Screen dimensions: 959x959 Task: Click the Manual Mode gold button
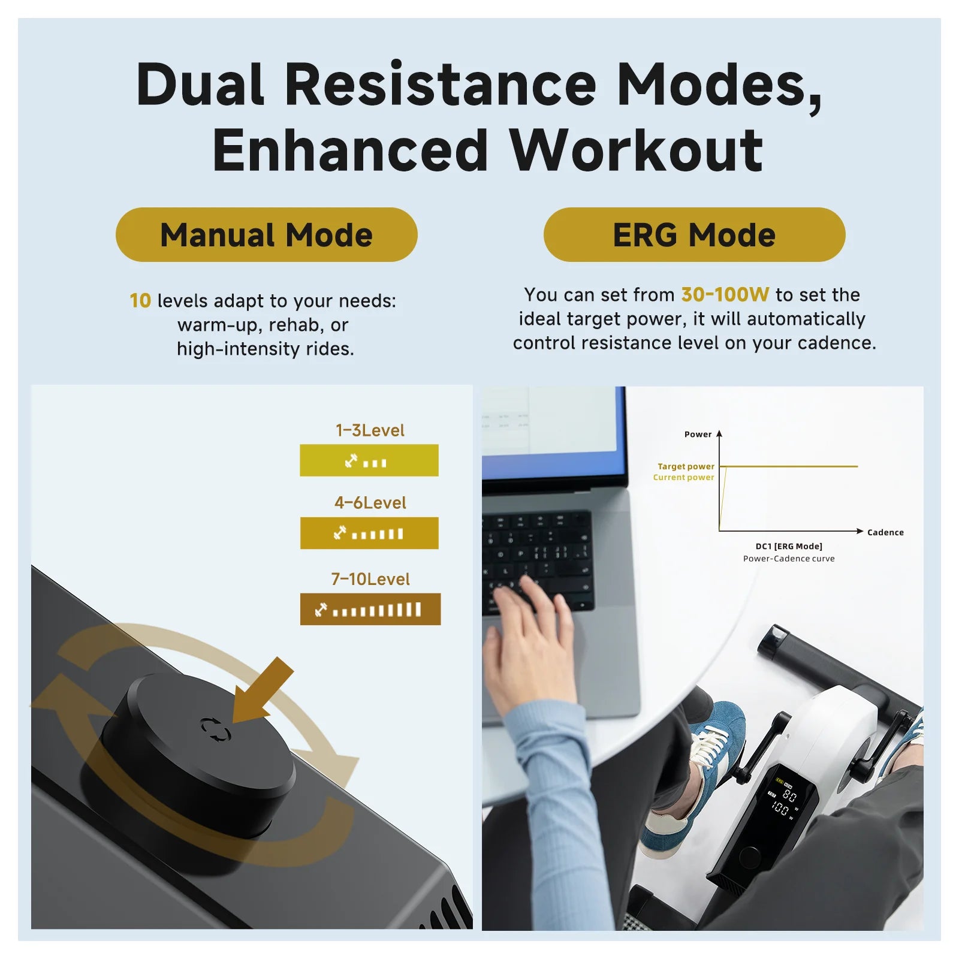coord(266,234)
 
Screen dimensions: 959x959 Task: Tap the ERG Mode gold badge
coord(694,234)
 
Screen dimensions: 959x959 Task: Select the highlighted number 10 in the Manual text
coord(140,300)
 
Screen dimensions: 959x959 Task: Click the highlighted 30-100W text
coord(725,294)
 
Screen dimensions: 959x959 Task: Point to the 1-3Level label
coord(370,430)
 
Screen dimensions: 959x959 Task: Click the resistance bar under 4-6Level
coord(369,533)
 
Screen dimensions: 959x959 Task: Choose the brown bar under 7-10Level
coord(370,609)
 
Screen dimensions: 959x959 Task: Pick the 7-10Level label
coord(370,579)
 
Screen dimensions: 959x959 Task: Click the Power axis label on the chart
coord(698,435)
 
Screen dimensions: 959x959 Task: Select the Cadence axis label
coord(885,532)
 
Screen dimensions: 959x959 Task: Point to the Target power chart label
coord(686,466)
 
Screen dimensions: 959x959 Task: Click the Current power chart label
coord(683,477)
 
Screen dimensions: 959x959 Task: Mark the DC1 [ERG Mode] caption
coord(789,546)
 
